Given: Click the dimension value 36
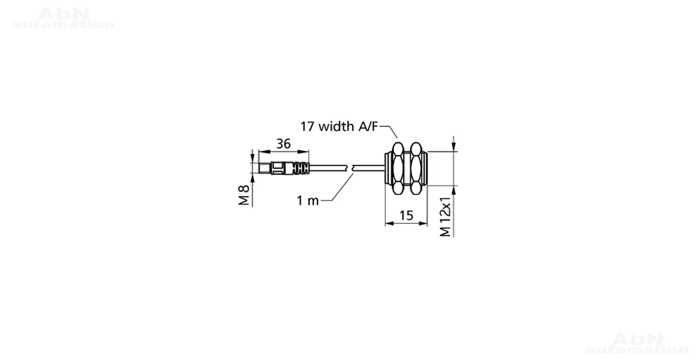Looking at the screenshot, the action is pos(283,144).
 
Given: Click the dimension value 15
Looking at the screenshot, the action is pos(406,216).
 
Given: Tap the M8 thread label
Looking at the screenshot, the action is pos(244,195).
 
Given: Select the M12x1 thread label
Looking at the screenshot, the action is pos(445,216).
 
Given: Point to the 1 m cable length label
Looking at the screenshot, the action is pos(308,201).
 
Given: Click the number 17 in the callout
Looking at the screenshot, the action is pos(307,127).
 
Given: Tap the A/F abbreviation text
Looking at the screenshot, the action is pos(368,127).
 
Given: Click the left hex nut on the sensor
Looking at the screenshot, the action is pos(398,168).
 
